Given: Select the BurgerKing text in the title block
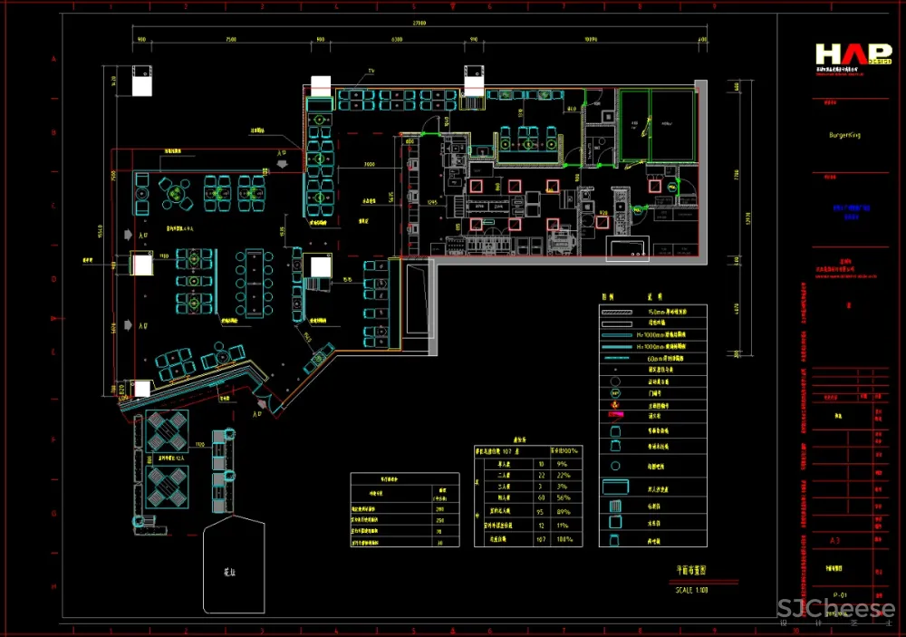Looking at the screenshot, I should click(844, 134).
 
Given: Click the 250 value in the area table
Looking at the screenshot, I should click(440, 520).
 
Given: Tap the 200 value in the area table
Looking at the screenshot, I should click(440, 508).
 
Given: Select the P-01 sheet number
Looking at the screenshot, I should click(840, 594).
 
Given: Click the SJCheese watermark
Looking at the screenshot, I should click(836, 609).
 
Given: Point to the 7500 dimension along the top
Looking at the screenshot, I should click(231, 40).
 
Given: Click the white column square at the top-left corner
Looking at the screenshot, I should click(142, 82).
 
